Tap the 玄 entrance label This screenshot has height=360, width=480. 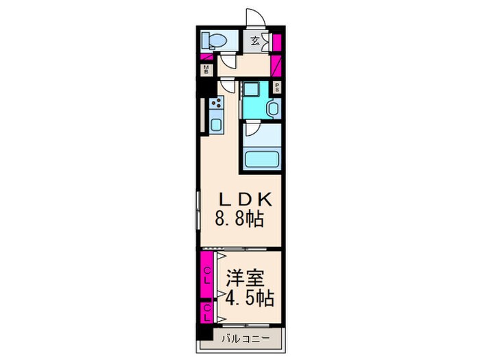pos(254,40)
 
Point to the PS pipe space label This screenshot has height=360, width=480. pos(276,88)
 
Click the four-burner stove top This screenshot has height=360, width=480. pos(217,104)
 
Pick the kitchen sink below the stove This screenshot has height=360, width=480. pos(217,125)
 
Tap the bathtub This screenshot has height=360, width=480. pos(260,160)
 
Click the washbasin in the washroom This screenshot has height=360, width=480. pos(272,108)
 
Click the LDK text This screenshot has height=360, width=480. pos(246,200)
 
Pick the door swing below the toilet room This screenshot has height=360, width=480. pos(226,64)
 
